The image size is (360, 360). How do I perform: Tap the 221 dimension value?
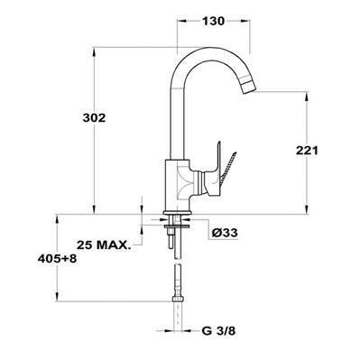(x=308, y=152)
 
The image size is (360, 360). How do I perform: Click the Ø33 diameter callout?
(x=226, y=233)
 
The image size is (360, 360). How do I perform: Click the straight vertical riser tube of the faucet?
(x=176, y=117)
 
